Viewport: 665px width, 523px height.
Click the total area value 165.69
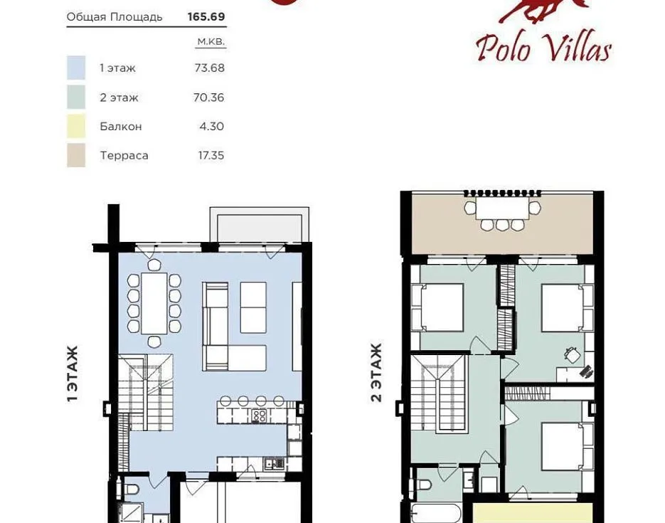point(206,16)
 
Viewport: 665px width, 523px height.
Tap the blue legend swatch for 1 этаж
point(76,68)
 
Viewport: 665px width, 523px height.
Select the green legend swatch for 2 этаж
point(76,97)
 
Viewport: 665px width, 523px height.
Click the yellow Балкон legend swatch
point(76,126)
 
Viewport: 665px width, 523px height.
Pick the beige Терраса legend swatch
point(76,155)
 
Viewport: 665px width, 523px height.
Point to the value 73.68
point(210,68)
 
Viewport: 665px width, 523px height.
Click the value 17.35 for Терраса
point(211,155)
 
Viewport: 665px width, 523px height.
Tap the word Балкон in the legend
point(121,127)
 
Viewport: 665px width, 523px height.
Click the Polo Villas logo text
point(543,47)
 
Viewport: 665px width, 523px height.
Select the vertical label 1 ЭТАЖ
point(73,374)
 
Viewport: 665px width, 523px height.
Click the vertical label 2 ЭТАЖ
point(376,372)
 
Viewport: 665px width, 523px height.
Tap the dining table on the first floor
point(154,303)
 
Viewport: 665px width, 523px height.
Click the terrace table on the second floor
point(502,208)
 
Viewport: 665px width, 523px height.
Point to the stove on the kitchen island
point(259,416)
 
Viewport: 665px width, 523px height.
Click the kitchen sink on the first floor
point(274,463)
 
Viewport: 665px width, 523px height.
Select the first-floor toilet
point(132,489)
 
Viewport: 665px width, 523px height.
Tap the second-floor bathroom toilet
point(424,485)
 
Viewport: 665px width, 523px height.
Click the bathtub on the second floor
point(436,513)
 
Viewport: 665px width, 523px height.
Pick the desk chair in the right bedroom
point(572,354)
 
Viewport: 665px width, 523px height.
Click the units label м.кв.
point(211,41)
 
